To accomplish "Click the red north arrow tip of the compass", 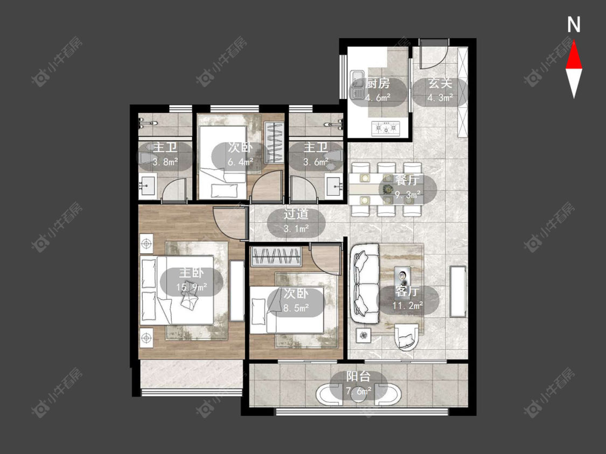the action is [574, 42].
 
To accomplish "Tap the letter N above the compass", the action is [574, 25].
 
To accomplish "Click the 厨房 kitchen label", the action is [378, 83].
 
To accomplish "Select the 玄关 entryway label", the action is [440, 83].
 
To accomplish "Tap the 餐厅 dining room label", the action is [408, 180].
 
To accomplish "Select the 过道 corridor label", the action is [296, 214].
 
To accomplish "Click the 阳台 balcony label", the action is [358, 377].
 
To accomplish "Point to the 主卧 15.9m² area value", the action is [191, 287].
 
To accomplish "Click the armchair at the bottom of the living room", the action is [406, 337].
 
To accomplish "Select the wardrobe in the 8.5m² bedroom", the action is [276, 257].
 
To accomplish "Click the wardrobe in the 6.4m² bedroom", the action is [274, 143].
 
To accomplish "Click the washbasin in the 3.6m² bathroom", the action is [334, 187].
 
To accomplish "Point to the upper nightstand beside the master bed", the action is [146, 243].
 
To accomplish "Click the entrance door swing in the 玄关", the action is [434, 54].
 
